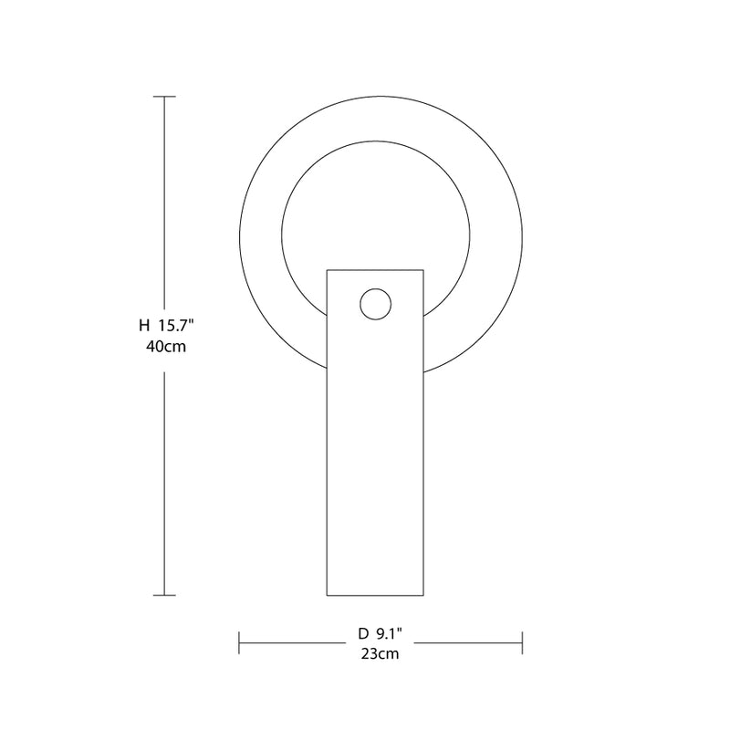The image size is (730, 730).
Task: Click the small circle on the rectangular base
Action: point(375,305)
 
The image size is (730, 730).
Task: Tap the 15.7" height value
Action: point(177,324)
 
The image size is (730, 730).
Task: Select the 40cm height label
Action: point(165,347)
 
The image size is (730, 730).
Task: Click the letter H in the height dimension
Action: point(143,324)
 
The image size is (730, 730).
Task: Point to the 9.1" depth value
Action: point(388,632)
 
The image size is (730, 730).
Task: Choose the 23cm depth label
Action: point(380,653)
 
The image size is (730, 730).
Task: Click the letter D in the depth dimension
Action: point(363,632)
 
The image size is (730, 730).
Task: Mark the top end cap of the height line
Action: point(164,97)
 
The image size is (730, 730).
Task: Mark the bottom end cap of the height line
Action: point(164,595)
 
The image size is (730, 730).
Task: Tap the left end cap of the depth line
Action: point(239,642)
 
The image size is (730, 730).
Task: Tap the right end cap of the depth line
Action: point(521,642)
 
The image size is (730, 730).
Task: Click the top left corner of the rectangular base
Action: point(327,269)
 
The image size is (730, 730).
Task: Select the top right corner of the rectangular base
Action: point(424,269)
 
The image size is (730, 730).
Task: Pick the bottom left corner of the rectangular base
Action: point(327,595)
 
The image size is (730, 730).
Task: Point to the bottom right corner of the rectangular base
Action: point(424,595)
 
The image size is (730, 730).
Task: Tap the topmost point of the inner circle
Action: point(376,140)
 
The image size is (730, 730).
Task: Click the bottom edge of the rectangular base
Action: point(375,595)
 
